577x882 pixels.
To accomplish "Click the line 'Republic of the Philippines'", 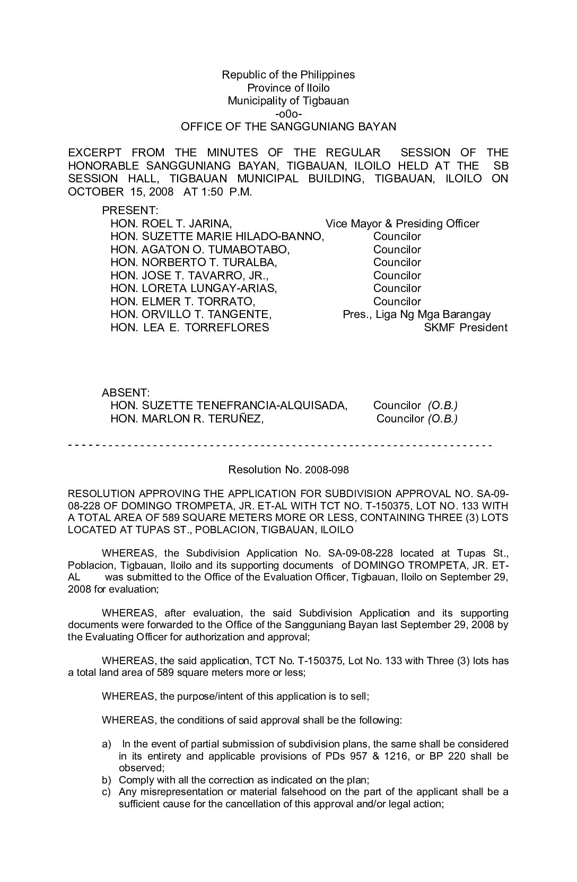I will click(288, 75).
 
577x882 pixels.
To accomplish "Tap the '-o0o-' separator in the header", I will click(288, 113).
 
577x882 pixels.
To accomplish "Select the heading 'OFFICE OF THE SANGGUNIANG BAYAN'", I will click(288, 127).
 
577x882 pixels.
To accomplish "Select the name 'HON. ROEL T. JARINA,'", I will click(171, 224).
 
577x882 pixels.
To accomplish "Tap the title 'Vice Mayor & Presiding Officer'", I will click(402, 224).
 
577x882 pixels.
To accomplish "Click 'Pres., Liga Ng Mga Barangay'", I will click(416, 314).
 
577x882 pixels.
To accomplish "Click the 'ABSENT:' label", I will click(126, 393).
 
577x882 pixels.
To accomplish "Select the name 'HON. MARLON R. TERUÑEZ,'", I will click(187, 419).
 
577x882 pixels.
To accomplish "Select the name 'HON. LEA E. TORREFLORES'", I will click(189, 328).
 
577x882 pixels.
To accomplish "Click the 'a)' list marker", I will click(107, 744).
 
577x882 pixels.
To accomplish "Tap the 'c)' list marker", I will click(107, 792).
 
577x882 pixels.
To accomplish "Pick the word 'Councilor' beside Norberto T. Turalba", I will click(397, 262).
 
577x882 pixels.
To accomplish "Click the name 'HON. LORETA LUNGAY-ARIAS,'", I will click(194, 288).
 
